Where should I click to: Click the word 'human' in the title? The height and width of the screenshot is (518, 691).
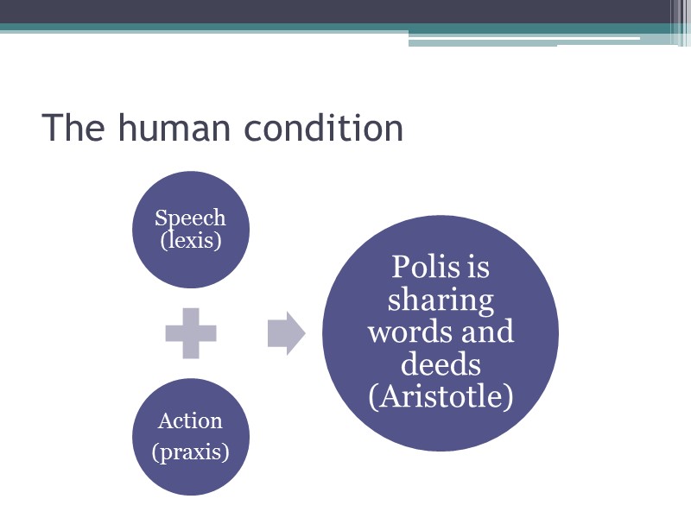pos(175,128)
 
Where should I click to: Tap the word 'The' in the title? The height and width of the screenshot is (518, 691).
pos(73,128)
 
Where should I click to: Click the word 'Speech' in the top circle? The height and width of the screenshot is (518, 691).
pos(190,218)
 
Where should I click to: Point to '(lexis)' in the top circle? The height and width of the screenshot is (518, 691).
pos(191,240)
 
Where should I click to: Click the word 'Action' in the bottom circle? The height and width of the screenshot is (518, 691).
pos(190,421)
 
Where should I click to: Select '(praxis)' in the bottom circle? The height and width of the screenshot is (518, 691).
pos(191,451)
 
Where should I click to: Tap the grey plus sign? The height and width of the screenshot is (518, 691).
pos(191,332)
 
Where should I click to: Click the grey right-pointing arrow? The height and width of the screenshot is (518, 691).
pos(286,332)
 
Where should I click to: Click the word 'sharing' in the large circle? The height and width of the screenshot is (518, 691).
pos(441,300)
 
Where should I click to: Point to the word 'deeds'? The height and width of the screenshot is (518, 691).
pos(441,364)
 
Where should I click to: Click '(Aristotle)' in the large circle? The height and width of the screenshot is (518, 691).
pos(441,397)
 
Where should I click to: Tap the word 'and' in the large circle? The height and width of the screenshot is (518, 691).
pos(488,332)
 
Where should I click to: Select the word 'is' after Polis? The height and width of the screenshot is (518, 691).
pos(479,268)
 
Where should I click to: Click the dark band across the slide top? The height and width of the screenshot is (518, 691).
pos(328,11)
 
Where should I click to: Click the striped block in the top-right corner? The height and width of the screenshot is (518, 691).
pos(680,22)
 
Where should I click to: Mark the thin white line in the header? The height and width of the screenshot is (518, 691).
pos(596,38)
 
